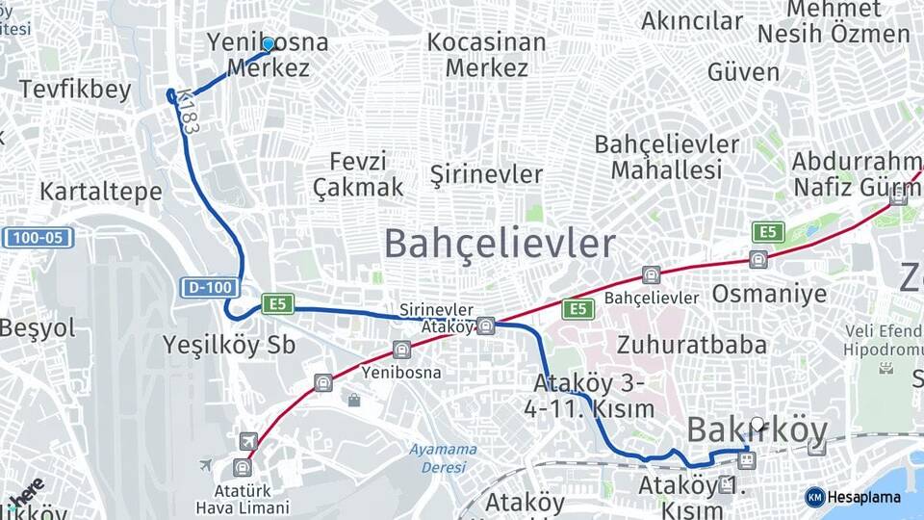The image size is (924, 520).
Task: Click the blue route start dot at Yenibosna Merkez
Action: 269,43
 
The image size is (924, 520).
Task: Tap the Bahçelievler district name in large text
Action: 500,244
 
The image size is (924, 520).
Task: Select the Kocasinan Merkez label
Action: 486,55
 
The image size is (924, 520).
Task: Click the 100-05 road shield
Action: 38,237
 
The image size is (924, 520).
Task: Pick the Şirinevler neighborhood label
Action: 486,174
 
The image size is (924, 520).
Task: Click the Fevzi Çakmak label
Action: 358,174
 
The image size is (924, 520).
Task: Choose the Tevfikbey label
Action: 74,90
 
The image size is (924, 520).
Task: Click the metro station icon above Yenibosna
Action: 401,350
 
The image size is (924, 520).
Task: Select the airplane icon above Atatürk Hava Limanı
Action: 248,441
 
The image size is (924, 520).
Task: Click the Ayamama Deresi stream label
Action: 443,457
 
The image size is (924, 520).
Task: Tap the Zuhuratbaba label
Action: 692,344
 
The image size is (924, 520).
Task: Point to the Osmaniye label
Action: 769,293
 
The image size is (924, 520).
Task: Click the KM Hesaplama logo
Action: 853,497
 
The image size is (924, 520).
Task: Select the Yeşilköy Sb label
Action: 229,345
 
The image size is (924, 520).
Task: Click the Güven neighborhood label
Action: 743,71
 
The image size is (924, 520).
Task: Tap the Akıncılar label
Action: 692,21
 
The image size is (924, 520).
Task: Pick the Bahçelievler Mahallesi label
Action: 667,157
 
